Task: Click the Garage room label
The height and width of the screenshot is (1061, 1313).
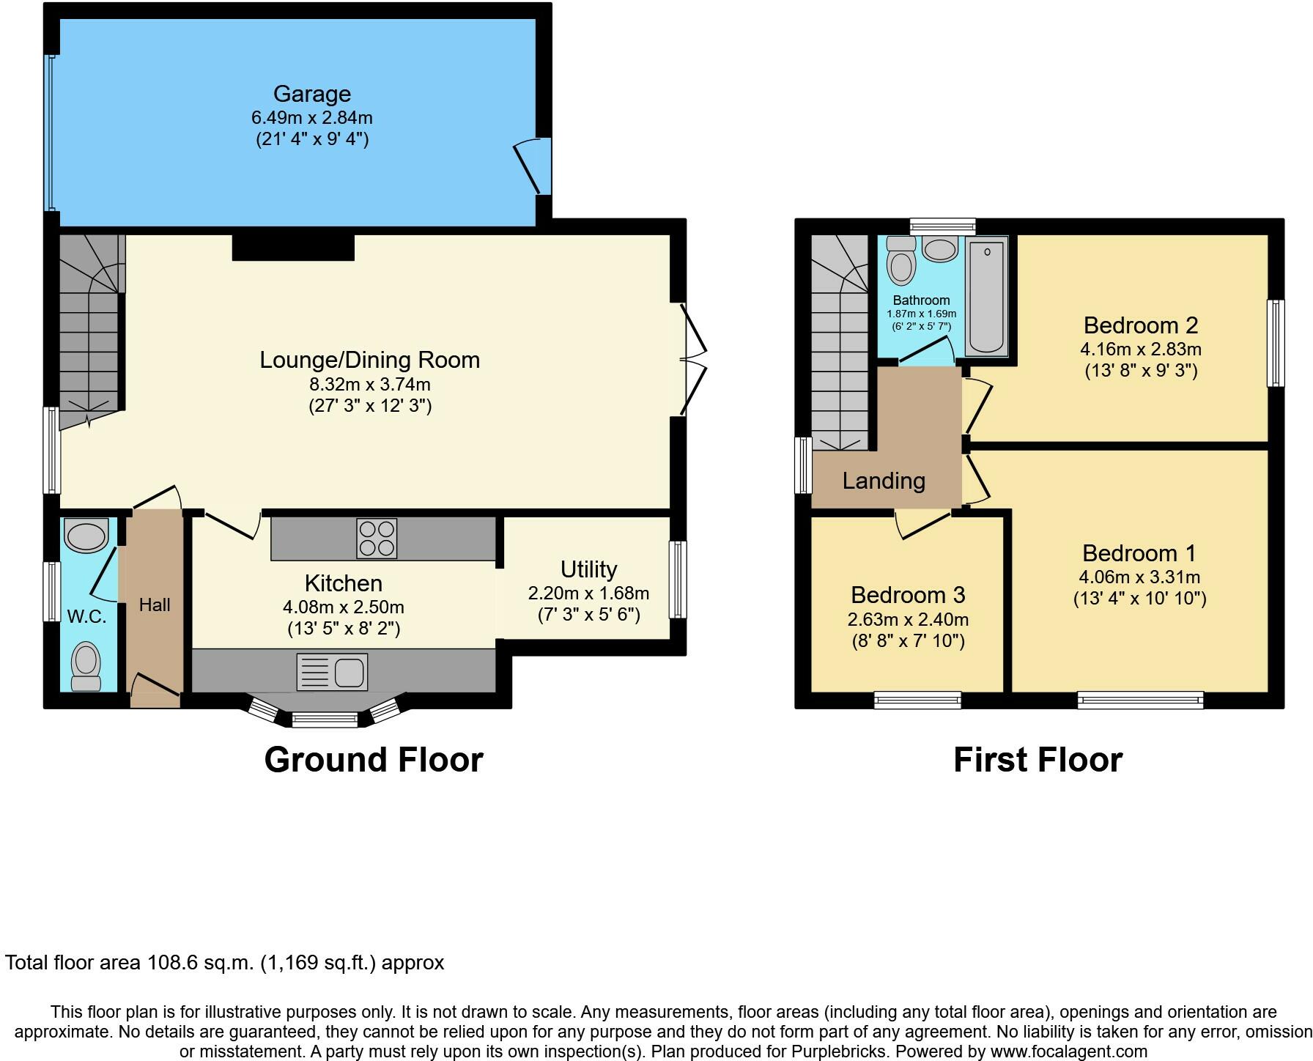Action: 312,94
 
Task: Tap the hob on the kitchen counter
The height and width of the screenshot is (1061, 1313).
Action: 377,539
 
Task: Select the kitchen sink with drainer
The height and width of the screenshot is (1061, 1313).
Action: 332,672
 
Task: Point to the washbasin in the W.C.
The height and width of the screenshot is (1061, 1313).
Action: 86,536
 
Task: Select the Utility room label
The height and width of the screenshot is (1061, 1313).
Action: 588,569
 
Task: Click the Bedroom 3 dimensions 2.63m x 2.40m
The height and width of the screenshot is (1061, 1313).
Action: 908,620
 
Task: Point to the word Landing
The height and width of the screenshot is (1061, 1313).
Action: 884,481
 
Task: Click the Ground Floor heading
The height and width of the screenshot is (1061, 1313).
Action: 374,760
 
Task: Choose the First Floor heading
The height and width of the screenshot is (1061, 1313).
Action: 1038,760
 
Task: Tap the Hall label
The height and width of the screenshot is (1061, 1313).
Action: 155,605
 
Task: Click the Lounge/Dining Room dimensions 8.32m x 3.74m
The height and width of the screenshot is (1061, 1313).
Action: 370,384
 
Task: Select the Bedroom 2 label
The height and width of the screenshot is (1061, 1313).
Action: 1141,325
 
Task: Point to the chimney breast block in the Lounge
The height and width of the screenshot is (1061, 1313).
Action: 293,248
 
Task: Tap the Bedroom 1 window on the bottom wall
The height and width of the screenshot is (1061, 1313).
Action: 1140,700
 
